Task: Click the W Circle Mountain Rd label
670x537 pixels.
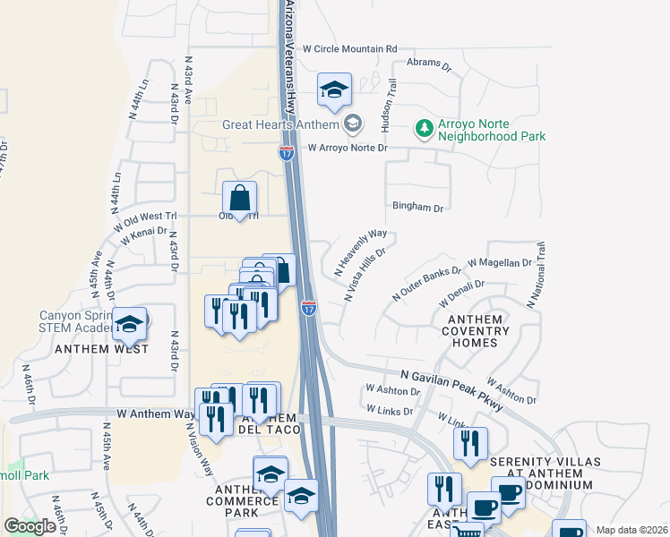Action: (x=349, y=48)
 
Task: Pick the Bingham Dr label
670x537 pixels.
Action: (x=417, y=208)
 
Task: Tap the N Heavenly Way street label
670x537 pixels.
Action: (x=360, y=251)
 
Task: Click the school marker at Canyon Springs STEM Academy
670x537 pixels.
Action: (x=131, y=326)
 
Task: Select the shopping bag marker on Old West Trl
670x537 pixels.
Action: (x=240, y=199)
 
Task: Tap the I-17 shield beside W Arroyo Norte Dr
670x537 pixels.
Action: (x=286, y=154)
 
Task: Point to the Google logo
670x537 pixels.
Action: (x=30, y=526)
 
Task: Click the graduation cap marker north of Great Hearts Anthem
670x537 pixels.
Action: (x=334, y=90)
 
